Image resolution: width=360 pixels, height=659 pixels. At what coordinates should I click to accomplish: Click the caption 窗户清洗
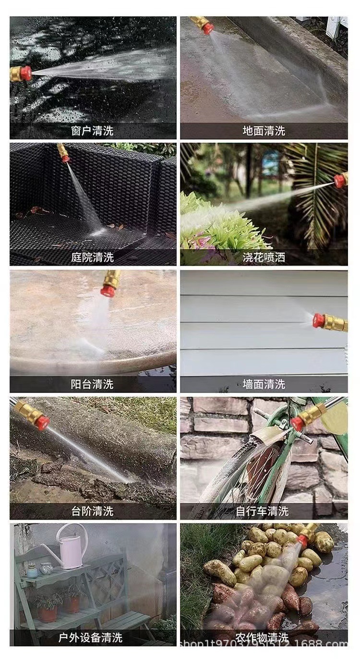click(x=92, y=131)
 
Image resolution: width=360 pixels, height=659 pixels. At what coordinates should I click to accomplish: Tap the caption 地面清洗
click(x=264, y=131)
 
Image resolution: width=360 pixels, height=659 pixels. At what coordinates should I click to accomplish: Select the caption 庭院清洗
click(x=92, y=257)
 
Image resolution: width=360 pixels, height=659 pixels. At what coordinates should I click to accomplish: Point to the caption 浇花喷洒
click(x=264, y=257)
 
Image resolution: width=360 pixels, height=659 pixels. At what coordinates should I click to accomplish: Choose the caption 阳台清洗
click(x=92, y=384)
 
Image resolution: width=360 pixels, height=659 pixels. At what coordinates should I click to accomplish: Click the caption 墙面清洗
click(x=264, y=384)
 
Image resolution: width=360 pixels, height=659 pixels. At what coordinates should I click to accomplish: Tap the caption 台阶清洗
click(x=92, y=511)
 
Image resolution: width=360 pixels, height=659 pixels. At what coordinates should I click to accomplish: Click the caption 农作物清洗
click(x=262, y=638)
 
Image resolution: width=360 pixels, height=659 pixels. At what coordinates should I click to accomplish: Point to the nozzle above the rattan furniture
click(x=63, y=153)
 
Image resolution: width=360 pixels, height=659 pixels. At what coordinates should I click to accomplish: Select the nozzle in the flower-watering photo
click(x=341, y=180)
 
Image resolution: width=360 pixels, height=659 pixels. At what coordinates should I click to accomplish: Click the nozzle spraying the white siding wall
click(x=329, y=321)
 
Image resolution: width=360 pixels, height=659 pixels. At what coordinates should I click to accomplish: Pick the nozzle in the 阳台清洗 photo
click(x=111, y=283)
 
